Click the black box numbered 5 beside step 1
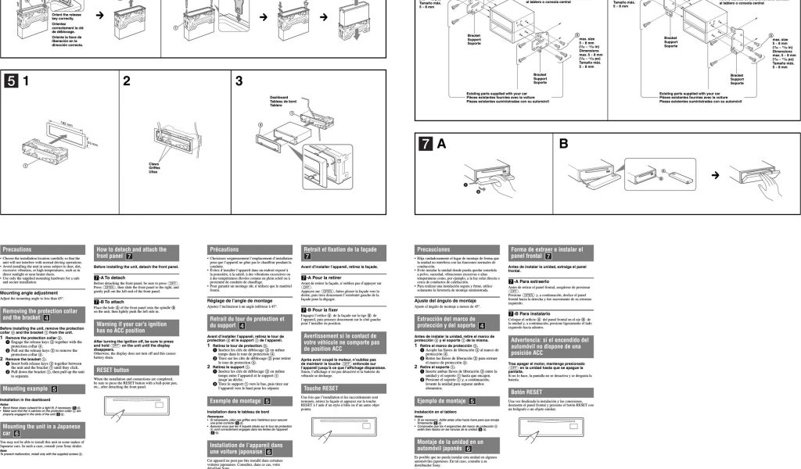click(x=12, y=81)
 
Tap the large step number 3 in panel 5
click(x=239, y=81)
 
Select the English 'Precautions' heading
click(x=17, y=249)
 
